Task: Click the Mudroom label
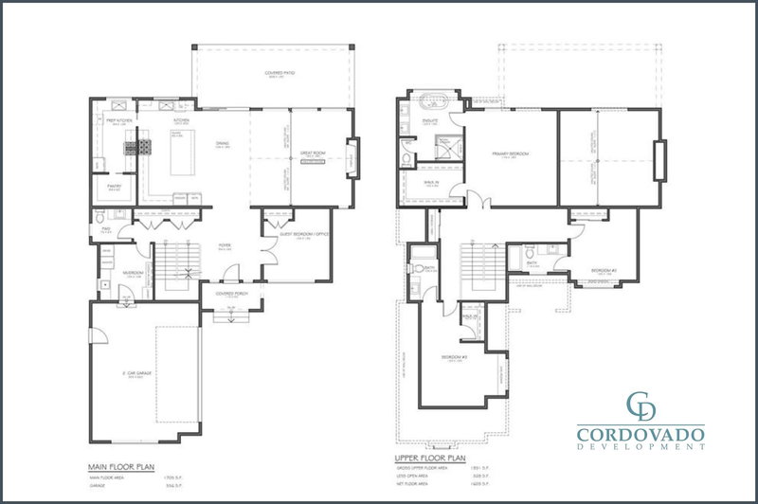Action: [133, 274]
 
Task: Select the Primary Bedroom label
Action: [511, 153]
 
